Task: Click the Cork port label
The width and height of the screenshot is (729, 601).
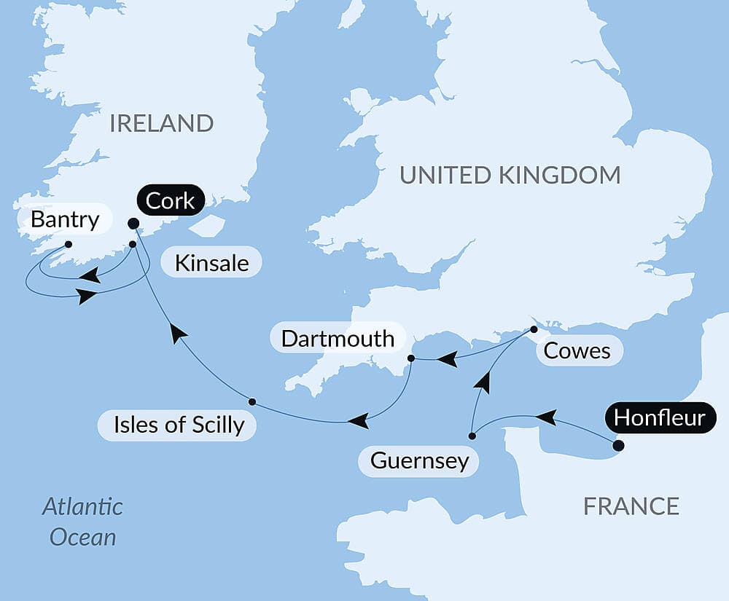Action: click(x=171, y=201)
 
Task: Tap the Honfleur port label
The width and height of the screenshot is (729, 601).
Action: click(x=659, y=417)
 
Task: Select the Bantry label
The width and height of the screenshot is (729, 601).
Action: click(x=65, y=220)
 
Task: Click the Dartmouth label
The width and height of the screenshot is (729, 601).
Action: click(x=338, y=338)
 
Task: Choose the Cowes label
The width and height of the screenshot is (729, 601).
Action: click(x=577, y=351)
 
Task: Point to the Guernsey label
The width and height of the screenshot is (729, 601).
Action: click(x=419, y=461)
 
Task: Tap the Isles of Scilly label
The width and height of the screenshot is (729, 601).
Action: click(x=179, y=425)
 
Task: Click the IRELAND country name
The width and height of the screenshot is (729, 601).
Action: click(x=161, y=123)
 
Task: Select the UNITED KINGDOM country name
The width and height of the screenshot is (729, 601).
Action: click(x=510, y=175)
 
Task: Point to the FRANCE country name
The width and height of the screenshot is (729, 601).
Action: click(x=631, y=506)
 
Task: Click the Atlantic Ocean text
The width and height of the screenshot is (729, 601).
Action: click(x=82, y=522)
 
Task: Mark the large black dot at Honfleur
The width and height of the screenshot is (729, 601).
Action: click(x=618, y=446)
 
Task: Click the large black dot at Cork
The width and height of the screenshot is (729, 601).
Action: click(x=133, y=224)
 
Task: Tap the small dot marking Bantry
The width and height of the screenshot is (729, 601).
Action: click(x=68, y=245)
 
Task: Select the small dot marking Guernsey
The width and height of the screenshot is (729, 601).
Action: click(x=472, y=436)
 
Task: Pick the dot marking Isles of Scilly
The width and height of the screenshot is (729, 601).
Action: click(x=252, y=401)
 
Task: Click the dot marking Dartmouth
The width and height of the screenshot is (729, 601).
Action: click(x=410, y=358)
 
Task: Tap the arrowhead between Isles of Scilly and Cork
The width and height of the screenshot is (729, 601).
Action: click(x=177, y=333)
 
